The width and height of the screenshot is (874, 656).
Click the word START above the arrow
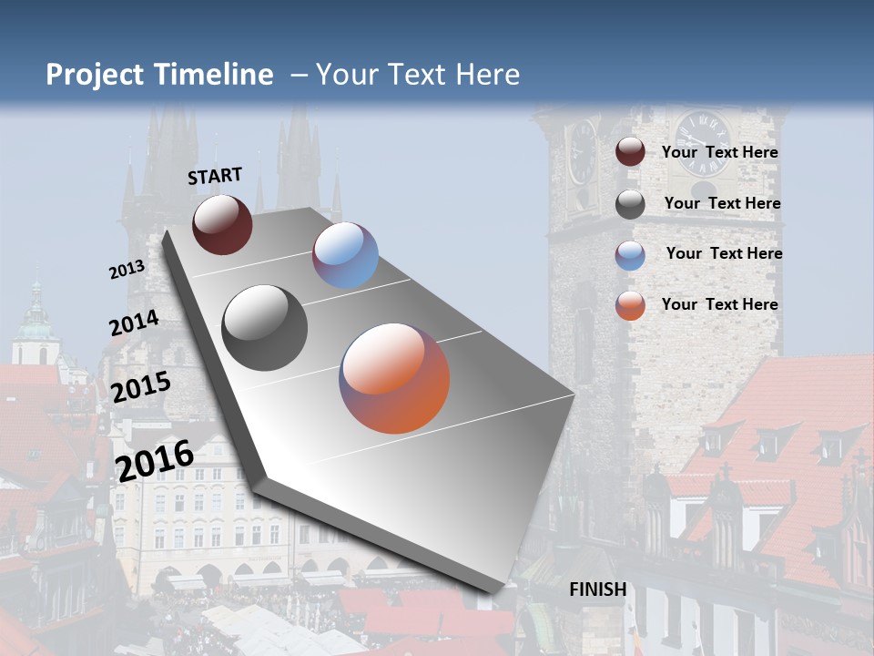click(215, 176)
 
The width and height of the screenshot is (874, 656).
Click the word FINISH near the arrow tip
click(597, 589)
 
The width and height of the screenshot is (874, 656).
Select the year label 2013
click(127, 270)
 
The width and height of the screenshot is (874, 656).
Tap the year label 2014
click(134, 323)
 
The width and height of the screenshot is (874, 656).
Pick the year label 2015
click(140, 387)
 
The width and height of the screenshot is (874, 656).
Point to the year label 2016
click(155, 460)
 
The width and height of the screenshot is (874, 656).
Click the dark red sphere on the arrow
click(222, 224)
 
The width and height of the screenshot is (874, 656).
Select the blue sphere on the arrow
click(345, 255)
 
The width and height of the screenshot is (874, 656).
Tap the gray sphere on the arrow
click(265, 328)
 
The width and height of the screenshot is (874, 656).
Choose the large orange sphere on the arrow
click(394, 378)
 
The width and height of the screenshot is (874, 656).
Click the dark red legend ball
click(630, 152)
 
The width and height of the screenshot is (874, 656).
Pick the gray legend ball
click(630, 204)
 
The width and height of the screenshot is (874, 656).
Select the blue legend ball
click(630, 255)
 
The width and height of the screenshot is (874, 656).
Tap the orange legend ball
click(630, 306)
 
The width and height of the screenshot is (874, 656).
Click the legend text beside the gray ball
click(722, 203)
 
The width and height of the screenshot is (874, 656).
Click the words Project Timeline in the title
click(159, 75)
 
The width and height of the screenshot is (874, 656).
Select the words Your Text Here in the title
click(417, 75)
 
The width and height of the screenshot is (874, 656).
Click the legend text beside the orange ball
click(719, 304)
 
